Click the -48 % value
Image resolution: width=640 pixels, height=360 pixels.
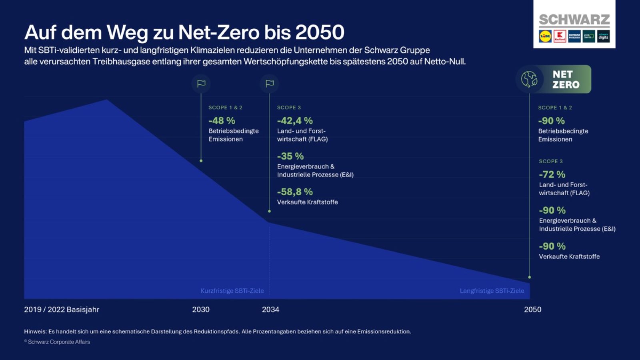[222, 120]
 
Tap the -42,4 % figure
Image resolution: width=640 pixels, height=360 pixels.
[295, 120]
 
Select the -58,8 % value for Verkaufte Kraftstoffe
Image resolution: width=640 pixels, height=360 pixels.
[295, 192]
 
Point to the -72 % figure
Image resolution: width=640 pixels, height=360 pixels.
[552, 174]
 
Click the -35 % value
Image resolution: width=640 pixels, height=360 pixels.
[290, 156]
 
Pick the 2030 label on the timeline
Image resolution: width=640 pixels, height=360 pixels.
[201, 309]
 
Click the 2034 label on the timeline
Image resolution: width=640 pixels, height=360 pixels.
[270, 309]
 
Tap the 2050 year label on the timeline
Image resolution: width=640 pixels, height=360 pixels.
[532, 309]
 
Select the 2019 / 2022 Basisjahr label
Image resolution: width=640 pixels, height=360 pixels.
[62, 309]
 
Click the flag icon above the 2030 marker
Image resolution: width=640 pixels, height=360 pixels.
[201, 84]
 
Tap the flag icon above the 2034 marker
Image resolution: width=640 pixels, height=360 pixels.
[270, 84]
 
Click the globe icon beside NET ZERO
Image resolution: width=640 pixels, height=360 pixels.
[529, 79]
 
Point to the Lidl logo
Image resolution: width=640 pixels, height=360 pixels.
[545, 36]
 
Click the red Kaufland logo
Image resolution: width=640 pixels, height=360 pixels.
[560, 36]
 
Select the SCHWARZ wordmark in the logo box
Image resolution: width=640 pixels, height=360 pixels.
[574, 20]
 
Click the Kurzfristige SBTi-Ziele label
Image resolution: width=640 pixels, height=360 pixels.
[232, 291]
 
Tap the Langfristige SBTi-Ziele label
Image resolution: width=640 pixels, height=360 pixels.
[492, 291]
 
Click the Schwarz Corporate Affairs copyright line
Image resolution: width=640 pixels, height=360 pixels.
[57, 342]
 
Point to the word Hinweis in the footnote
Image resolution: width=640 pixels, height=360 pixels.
[35, 331]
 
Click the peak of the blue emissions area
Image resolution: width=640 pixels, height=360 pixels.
[106, 100]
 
